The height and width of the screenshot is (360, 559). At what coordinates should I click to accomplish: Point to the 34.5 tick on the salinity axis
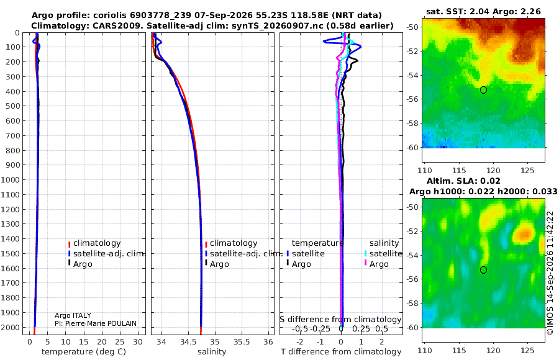pos(188,342)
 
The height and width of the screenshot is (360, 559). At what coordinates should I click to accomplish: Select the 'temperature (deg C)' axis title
pos(84,352)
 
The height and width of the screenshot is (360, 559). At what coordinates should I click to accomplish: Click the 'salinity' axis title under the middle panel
pos(212,352)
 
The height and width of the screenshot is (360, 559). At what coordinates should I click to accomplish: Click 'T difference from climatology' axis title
pos(341,352)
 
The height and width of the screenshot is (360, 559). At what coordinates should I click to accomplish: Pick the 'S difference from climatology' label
pos(340,320)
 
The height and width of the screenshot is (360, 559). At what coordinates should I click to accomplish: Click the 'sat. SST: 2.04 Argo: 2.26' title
pos(483,11)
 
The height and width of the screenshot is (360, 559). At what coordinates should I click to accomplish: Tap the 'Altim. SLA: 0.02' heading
pos(463,181)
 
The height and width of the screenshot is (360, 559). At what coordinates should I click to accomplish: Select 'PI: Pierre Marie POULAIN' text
pos(96,323)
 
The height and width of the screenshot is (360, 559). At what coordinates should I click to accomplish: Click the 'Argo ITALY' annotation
pos(73,315)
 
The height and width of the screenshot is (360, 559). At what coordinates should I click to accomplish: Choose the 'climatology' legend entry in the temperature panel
pos(94,243)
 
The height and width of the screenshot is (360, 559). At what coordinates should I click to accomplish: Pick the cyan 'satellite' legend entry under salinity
pos(383,254)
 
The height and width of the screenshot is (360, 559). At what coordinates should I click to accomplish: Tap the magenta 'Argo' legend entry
pos(376,264)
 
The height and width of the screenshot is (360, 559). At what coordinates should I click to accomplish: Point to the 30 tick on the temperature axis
pos(138,342)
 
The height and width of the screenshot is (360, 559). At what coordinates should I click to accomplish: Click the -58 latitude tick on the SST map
pos(412,124)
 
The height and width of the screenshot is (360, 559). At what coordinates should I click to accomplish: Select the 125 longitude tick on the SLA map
pos(527,351)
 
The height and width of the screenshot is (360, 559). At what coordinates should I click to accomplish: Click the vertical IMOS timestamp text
pos(550,272)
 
